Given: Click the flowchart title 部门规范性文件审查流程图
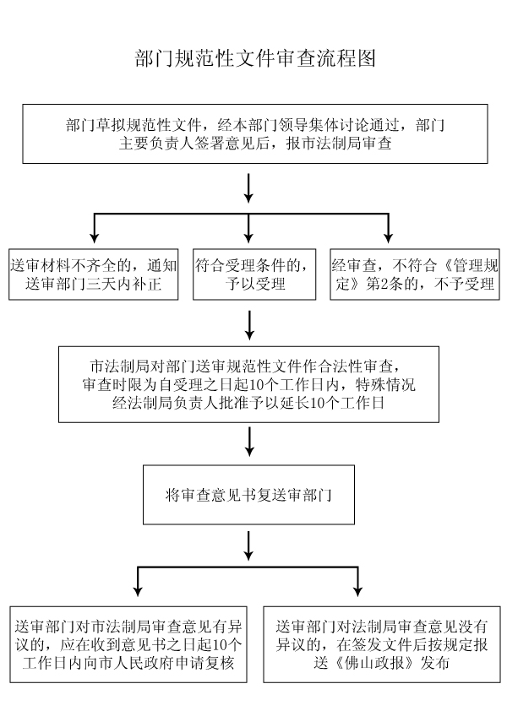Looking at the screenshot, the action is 255,58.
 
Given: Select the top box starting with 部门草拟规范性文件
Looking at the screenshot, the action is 255,133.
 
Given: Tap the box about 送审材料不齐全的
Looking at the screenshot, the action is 94,274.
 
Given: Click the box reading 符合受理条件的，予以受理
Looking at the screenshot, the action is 254,274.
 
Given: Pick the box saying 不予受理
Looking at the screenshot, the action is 414,274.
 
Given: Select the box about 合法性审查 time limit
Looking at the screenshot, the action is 248,384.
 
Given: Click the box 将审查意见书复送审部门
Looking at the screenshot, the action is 248,495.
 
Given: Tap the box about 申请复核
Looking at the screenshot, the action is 128,644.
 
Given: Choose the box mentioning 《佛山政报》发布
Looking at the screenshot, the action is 381,644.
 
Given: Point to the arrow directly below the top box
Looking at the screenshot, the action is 248,187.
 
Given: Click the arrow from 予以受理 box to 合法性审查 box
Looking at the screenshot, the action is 249,324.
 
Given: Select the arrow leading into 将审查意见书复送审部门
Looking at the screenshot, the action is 249,441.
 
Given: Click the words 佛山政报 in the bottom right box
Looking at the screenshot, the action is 374,663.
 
